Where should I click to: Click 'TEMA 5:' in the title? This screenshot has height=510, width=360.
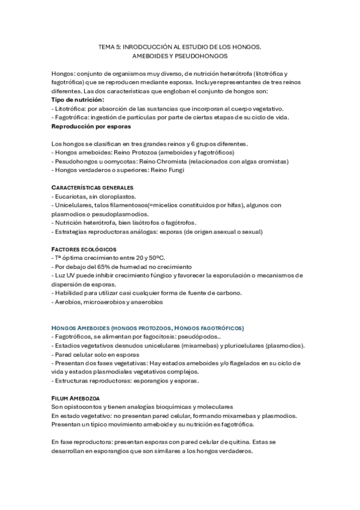(109, 46)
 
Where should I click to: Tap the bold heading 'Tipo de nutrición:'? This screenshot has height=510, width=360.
(78, 99)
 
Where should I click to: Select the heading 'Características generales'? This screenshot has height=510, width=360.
(93, 188)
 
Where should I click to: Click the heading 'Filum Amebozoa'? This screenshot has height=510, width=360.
(76, 398)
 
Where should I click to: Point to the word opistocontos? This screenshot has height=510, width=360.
(87, 407)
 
